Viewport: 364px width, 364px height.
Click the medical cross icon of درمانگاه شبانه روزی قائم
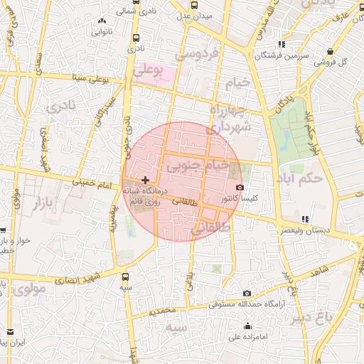pyautogui.click(x=146, y=181)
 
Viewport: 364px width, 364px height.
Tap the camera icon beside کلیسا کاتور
pyautogui.click(x=240, y=188)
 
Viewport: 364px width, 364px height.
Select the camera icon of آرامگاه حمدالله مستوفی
pyautogui.click(x=247, y=293)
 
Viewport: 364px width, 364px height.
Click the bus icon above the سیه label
pyautogui.click(x=126, y=277)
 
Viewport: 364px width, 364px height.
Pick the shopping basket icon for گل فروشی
pyautogui.click(x=331, y=50)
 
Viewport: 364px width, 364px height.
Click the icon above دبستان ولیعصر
pyautogui.click(x=305, y=219)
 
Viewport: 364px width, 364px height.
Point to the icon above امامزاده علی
pyautogui.click(x=247, y=326)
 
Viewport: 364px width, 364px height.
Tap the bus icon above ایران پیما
pyautogui.click(x=10, y=331)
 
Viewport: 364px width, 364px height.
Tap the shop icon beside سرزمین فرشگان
pyautogui.click(x=282, y=44)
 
